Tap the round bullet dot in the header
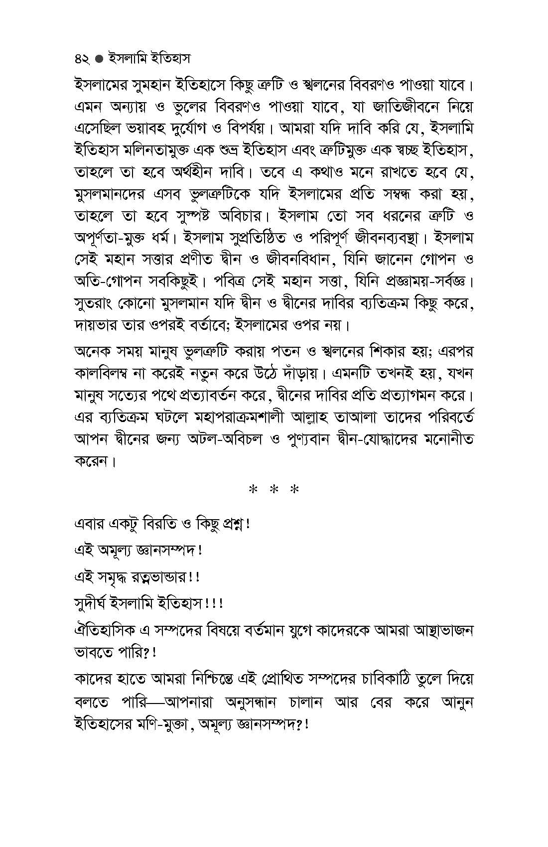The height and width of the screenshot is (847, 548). pyautogui.click(x=99, y=59)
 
